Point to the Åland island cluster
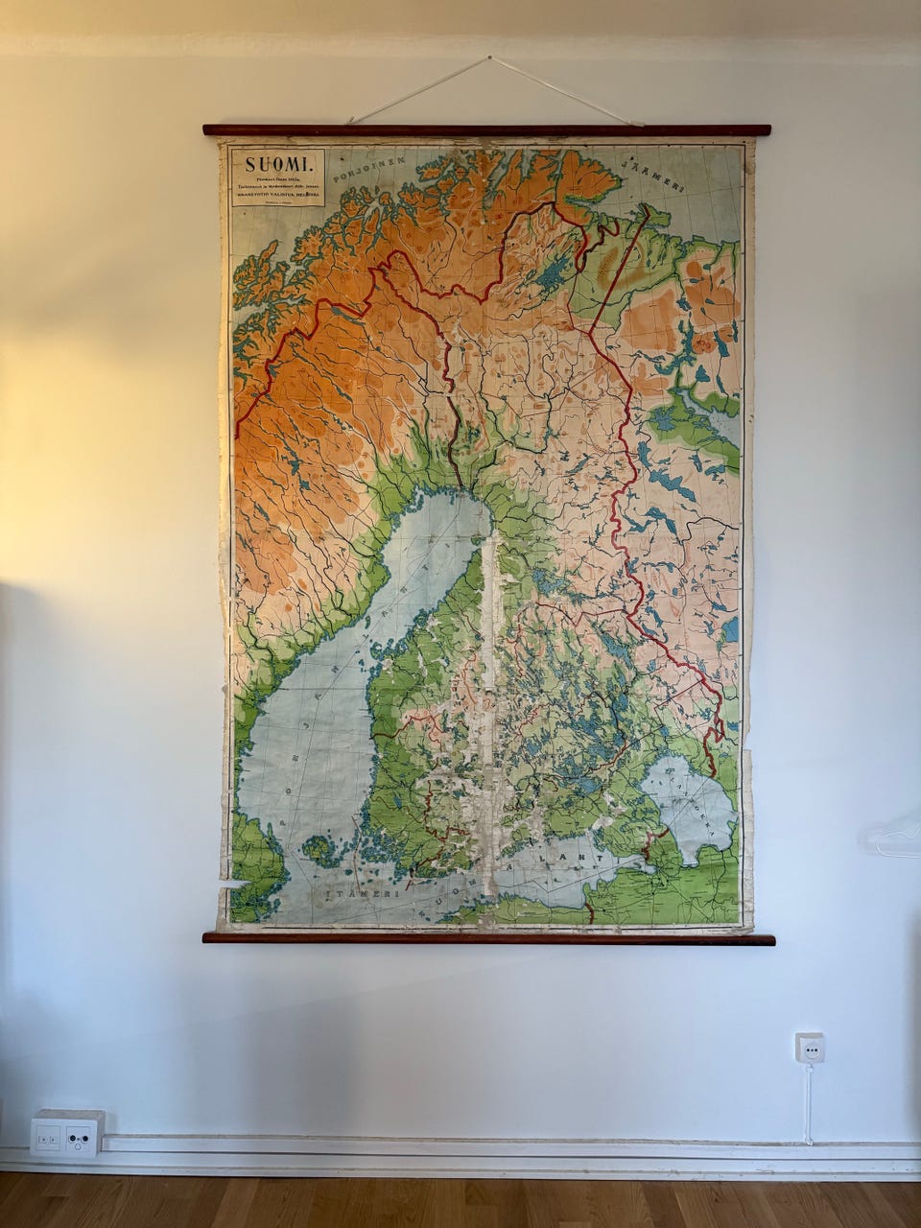tap(320, 850)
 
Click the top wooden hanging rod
tap(486, 130)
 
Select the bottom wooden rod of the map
tap(488, 938)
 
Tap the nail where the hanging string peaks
tap(490, 59)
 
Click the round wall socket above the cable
tap(810, 1048)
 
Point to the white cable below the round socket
tap(808, 1103)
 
